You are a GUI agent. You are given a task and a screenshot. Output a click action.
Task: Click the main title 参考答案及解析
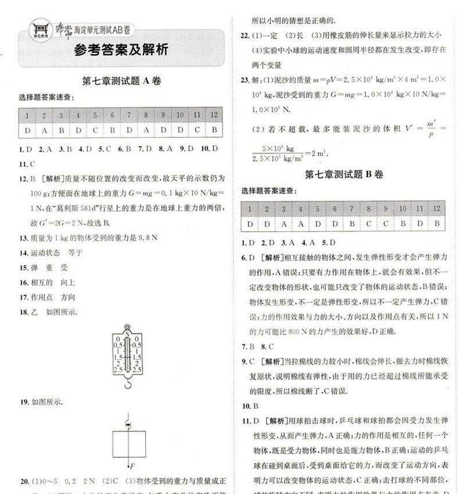tap(122, 50)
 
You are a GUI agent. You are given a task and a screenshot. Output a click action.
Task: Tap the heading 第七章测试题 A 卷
tap(122, 81)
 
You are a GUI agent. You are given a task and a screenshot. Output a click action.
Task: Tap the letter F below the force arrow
tap(132, 466)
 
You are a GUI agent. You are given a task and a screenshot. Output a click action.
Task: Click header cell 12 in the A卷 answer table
tap(213, 115)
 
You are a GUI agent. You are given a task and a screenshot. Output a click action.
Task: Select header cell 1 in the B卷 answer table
tap(250, 208)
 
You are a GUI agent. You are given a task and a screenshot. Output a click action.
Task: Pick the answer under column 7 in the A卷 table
tap(130, 130)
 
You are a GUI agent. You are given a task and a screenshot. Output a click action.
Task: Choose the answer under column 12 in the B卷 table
tap(437, 224)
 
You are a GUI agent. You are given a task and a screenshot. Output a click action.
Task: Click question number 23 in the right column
tap(245, 80)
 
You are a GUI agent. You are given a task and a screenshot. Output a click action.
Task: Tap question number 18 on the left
tap(24, 312)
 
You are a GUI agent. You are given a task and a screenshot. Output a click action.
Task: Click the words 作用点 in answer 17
tap(41, 297)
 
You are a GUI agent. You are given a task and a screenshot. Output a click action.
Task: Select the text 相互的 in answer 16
tap(41, 282)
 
